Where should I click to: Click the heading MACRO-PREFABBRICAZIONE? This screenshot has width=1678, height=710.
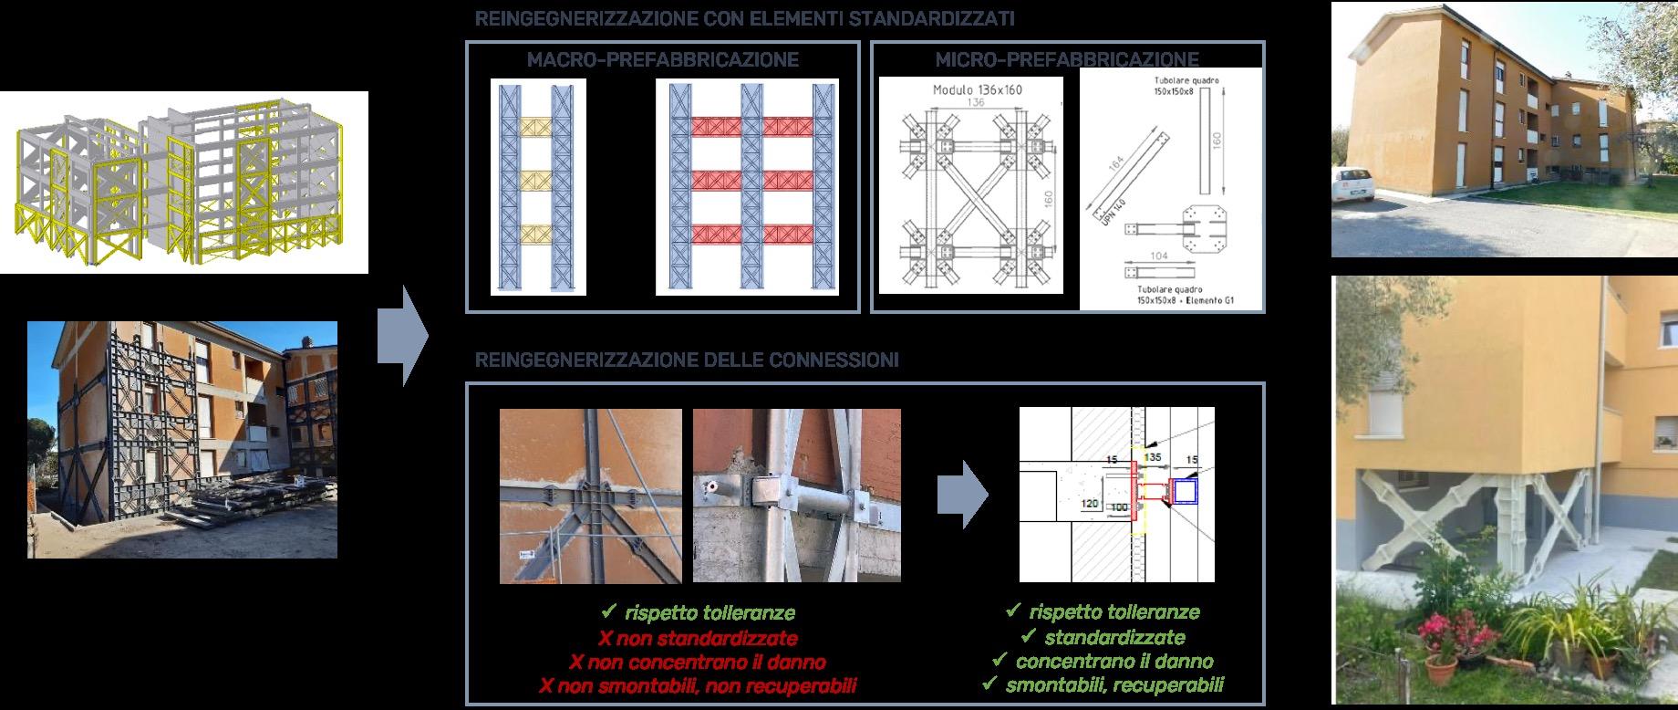(662, 60)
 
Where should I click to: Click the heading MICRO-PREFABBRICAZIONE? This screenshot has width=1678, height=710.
(1067, 60)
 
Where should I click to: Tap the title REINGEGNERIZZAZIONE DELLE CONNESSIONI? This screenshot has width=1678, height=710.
(686, 360)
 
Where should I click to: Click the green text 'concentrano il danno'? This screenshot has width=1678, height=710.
(1114, 661)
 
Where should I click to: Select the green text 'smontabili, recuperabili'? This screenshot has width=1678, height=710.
(1114, 684)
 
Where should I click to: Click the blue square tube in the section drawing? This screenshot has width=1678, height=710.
(1185, 494)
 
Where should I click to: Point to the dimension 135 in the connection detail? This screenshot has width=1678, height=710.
(1153, 457)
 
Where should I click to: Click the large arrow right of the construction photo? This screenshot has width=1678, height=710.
(403, 335)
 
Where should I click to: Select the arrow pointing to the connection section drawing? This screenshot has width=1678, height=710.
(962, 496)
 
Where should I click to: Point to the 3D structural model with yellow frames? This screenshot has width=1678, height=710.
(183, 182)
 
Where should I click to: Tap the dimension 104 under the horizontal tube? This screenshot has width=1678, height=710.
(1158, 256)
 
